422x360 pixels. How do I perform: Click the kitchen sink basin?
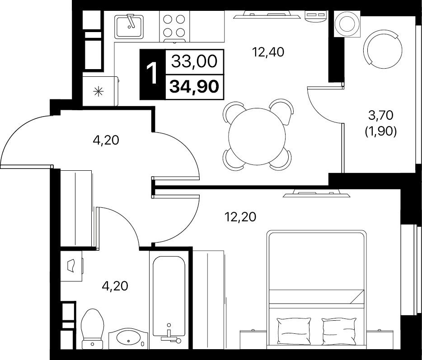tap(129, 27)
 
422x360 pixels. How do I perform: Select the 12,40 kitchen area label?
tap(268, 51)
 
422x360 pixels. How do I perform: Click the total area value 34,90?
tap(194, 86)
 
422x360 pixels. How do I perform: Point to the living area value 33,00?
tap(194, 61)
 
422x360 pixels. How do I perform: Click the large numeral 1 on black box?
tap(152, 74)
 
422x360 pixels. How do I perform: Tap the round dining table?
tap(257, 136)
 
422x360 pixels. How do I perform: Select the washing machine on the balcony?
tap(347, 24)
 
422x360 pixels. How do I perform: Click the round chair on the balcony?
tap(382, 49)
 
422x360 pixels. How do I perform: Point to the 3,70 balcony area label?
tap(381, 116)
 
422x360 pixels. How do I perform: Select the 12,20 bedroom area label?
tap(240, 217)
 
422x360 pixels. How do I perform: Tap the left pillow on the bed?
tap(294, 331)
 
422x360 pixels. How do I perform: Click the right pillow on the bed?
tap(339, 331)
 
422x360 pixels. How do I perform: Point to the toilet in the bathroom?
tap(92, 329)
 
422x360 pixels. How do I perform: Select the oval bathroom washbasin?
tap(128, 338)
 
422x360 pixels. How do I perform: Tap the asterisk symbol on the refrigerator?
tap(98, 92)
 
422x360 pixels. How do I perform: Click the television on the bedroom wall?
tap(316, 193)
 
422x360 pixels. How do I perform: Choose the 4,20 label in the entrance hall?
tap(106, 140)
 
